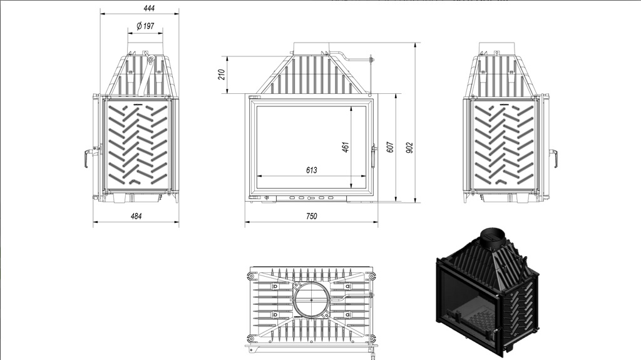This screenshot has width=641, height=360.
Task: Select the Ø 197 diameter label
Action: (x=145, y=26)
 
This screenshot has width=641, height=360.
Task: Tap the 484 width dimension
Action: (x=136, y=216)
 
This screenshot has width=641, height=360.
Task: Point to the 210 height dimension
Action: (x=221, y=75)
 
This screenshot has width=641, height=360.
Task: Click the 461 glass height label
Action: (x=345, y=147)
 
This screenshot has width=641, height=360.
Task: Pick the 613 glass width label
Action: (x=312, y=170)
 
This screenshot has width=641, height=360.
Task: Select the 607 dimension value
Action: (x=390, y=148)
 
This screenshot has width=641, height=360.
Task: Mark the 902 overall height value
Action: (x=409, y=148)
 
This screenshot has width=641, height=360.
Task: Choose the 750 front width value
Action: (x=312, y=216)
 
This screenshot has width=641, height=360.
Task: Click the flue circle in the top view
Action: (x=310, y=300)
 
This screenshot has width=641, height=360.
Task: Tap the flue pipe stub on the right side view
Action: (x=499, y=49)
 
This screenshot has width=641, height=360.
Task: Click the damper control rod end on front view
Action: (x=371, y=60)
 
